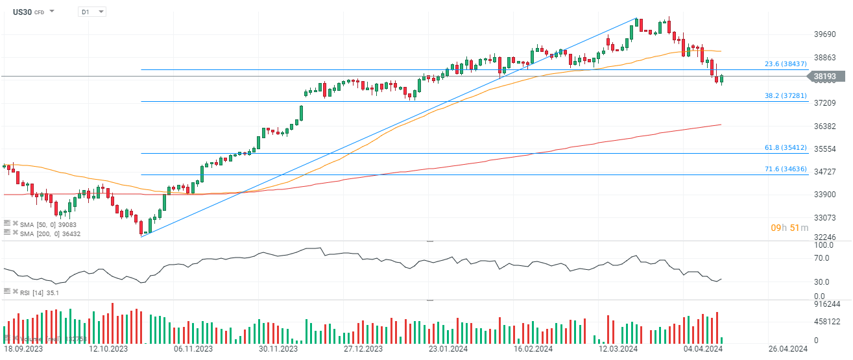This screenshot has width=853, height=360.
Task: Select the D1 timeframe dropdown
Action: coord(91,12)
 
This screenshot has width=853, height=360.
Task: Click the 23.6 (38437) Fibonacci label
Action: coord(786,64)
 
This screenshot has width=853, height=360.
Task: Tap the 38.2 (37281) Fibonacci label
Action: coord(786,95)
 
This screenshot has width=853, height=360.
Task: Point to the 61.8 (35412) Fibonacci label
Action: coord(786,147)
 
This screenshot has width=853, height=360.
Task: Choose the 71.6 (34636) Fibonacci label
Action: coord(786,169)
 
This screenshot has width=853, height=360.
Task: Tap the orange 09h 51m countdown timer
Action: coord(789,228)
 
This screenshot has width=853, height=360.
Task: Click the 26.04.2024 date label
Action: coord(787,348)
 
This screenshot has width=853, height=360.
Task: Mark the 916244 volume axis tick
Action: coord(826,304)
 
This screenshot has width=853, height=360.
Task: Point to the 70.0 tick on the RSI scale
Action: coord(821,258)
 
